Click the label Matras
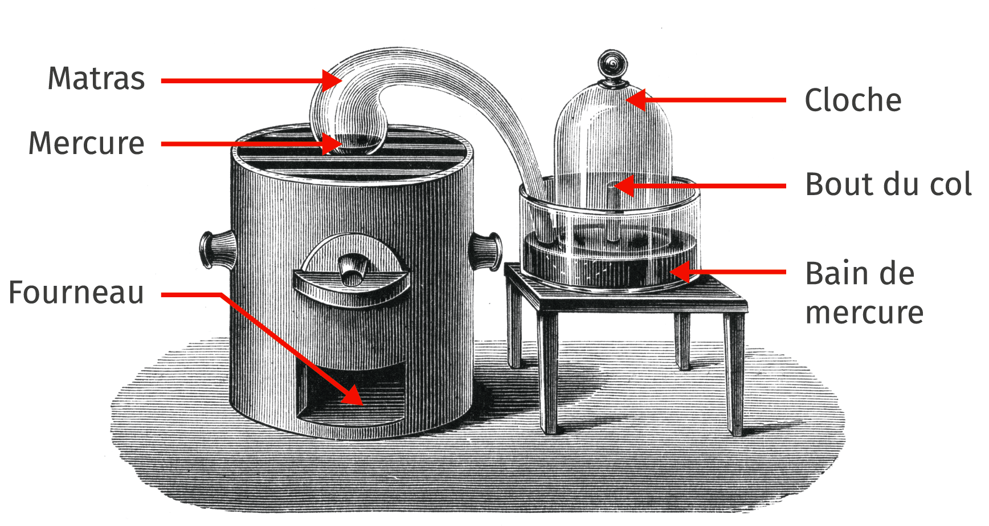tap(96, 78)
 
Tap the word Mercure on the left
tap(87, 143)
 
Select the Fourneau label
tap(76, 293)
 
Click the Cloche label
tap(853, 100)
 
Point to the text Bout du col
tap(888, 184)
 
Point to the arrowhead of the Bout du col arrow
tap(624, 186)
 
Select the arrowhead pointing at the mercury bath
tap(680, 272)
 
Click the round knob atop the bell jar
tap(612, 64)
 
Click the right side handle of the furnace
tap(485, 251)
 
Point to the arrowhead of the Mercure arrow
tap(332, 144)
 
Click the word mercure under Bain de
tap(864, 313)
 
